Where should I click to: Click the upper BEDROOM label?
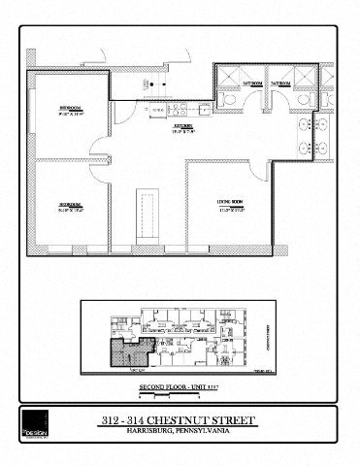pyautogui.click(x=71, y=108)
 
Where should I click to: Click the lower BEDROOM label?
pyautogui.click(x=70, y=205)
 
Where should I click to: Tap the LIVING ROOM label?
pyautogui.click(x=229, y=202)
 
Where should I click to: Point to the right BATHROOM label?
pyautogui.click(x=281, y=84)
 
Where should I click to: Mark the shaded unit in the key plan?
pyautogui.click(x=127, y=353)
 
